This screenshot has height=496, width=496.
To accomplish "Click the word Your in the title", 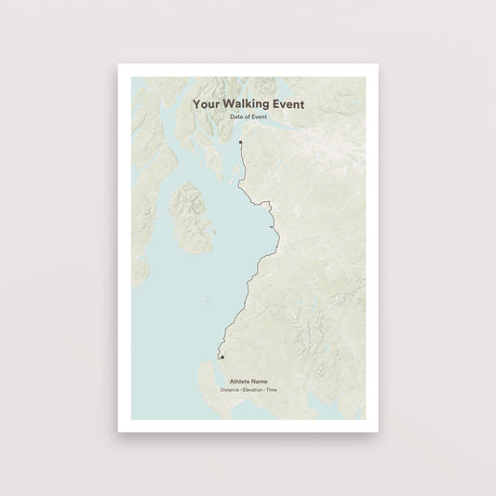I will click(x=207, y=105).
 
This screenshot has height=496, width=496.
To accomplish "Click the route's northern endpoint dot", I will click(x=240, y=141).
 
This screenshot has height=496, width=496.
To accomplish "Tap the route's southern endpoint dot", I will click(x=221, y=356).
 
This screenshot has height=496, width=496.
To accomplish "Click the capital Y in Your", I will click(x=196, y=105).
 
